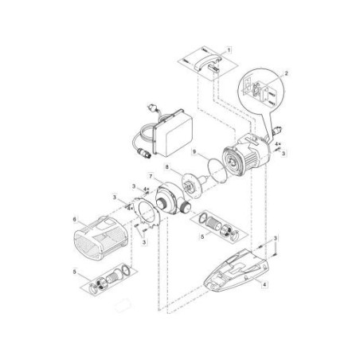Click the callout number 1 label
pyautogui.click(x=231, y=49)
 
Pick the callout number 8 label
pyautogui.click(x=166, y=166)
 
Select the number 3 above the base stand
pyautogui.click(x=275, y=239)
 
